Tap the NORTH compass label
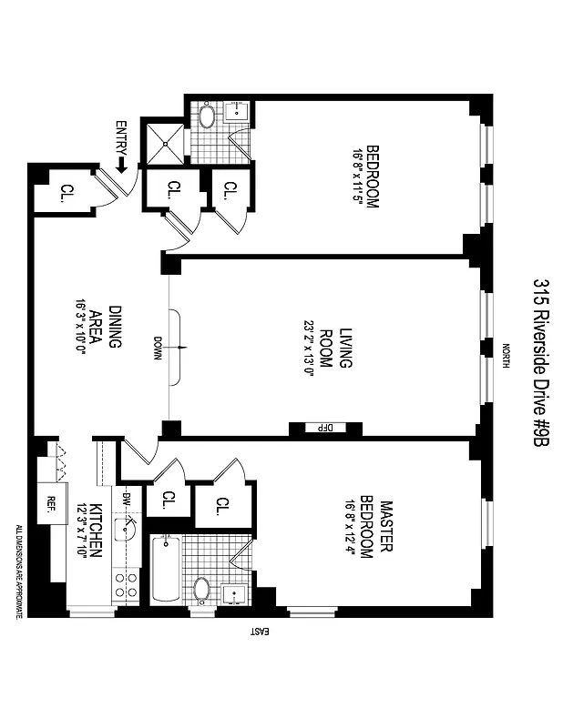click(507, 353)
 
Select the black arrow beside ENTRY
click(121, 165)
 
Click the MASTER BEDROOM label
click(377, 528)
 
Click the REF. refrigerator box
click(49, 503)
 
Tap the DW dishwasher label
click(127, 499)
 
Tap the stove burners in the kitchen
click(126, 582)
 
